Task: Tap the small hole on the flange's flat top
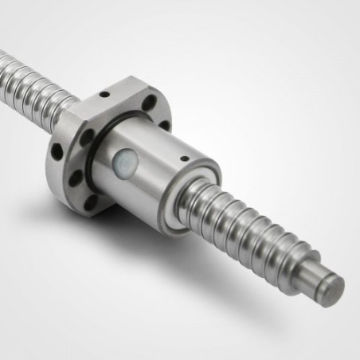(104, 92)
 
